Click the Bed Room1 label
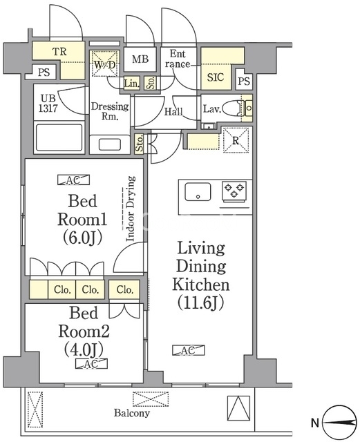[x=82, y=220]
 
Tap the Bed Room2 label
[x=84, y=331]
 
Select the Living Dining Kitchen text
[x=201, y=276]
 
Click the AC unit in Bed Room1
[x=74, y=180]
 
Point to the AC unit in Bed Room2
[x=91, y=364]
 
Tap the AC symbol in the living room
[x=189, y=350]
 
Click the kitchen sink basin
[x=198, y=192]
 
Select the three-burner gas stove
[x=234, y=192]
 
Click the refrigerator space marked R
[x=236, y=140]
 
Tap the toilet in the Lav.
[x=233, y=108]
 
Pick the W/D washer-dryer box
[x=104, y=64]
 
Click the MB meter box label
[x=140, y=59]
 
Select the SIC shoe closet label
[x=216, y=77]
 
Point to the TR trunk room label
[x=59, y=52]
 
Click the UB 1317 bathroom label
[x=48, y=103]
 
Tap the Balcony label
[x=132, y=413]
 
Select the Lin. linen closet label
[x=132, y=84]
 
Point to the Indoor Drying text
[x=130, y=209]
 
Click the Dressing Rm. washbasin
[x=110, y=144]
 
